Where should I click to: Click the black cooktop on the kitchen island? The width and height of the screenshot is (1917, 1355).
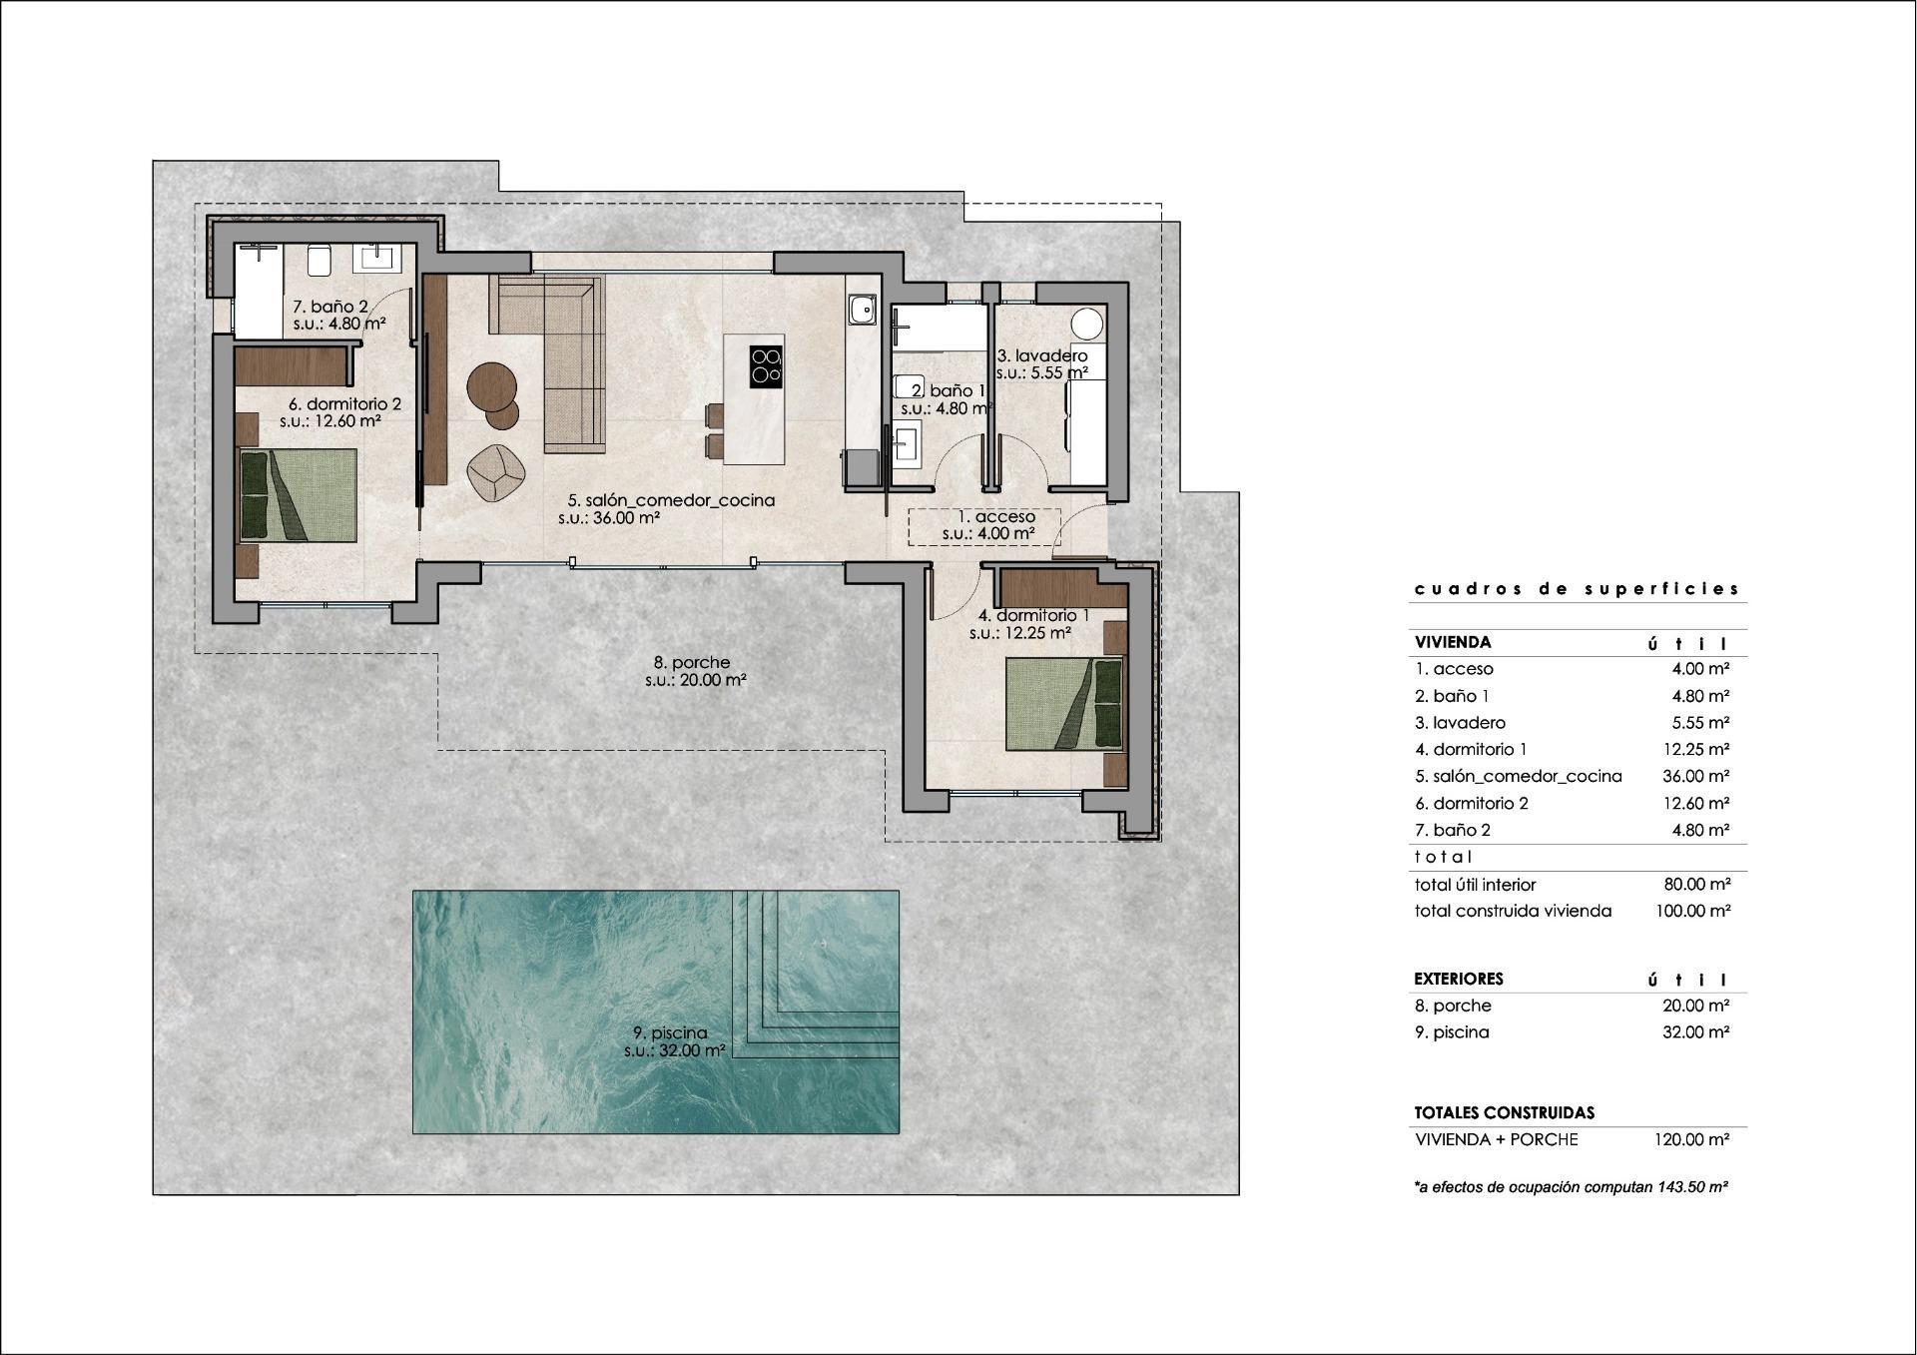[x=766, y=366]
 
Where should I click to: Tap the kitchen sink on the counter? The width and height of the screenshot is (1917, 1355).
[x=860, y=311]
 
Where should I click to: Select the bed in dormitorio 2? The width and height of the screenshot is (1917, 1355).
[x=299, y=495]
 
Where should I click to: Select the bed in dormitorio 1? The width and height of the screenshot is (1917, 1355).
[x=1064, y=704]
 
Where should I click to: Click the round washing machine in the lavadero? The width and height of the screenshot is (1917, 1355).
[x=1087, y=325]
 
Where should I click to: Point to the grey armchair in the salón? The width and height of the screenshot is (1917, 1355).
[x=496, y=471]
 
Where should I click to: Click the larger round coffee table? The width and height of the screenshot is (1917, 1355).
[x=491, y=384]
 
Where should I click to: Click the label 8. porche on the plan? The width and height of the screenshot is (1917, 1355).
[x=691, y=662]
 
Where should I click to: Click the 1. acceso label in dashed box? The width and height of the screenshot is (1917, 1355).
[x=995, y=517]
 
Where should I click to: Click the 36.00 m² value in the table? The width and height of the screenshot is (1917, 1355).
[x=1695, y=776]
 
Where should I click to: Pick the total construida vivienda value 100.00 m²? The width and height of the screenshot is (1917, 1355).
[x=1695, y=911]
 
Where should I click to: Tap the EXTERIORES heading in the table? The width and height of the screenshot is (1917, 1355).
[x=1458, y=979]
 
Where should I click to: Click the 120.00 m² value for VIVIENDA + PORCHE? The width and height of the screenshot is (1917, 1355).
[x=1695, y=1139]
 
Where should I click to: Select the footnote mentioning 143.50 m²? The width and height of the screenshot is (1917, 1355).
[x=1571, y=1187]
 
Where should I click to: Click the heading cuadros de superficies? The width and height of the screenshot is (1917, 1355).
[x=1577, y=589]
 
